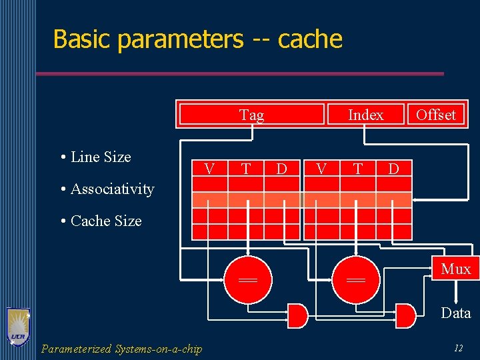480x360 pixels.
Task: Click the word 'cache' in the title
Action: (x=310, y=39)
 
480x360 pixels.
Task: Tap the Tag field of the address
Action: (x=251, y=115)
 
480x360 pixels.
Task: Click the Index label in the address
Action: (x=366, y=115)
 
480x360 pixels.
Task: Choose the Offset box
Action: (x=435, y=115)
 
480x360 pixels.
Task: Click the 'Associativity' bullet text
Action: (x=111, y=189)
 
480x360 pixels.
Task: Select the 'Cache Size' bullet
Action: (x=105, y=221)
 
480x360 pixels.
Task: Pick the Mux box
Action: (x=456, y=269)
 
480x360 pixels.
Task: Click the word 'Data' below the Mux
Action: (x=456, y=313)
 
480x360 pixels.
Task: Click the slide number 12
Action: (x=458, y=348)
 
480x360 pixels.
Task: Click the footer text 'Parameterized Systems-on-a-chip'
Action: (x=121, y=349)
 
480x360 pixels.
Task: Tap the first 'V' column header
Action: (x=209, y=169)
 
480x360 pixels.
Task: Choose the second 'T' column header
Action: (x=358, y=169)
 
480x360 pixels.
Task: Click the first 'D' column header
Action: (x=281, y=169)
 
